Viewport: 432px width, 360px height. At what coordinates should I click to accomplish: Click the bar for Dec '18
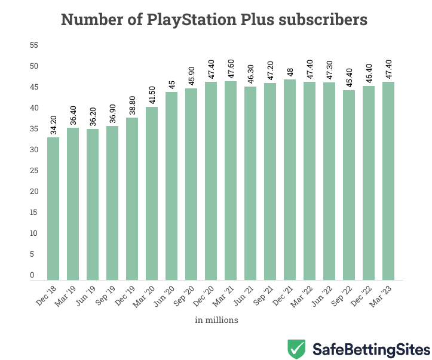coord(53,208)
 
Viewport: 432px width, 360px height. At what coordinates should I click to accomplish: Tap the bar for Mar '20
coord(152,193)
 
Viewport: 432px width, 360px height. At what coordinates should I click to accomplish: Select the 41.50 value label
coord(152,94)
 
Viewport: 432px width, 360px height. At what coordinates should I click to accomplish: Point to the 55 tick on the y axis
coord(33,45)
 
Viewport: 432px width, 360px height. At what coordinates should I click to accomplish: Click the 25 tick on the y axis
coord(33,171)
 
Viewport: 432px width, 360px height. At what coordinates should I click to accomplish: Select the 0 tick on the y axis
coord(33,275)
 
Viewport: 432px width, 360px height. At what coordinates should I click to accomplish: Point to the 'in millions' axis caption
coord(216,320)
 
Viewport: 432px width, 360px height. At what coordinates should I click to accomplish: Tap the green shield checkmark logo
coord(296,348)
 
